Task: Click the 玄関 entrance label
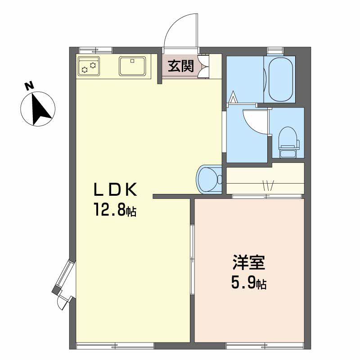(x=181, y=66)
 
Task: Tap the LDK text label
(x=115, y=189)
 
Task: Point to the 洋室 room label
(x=249, y=262)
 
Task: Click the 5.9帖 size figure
(x=249, y=283)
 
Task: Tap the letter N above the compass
(x=29, y=86)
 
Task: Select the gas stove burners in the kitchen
(x=89, y=66)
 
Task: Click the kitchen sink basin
(x=132, y=66)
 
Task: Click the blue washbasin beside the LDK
(x=209, y=179)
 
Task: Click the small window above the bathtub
(x=275, y=50)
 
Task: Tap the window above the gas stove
(x=95, y=50)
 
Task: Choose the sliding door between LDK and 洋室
(x=193, y=260)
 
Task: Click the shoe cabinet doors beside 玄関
(x=203, y=66)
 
